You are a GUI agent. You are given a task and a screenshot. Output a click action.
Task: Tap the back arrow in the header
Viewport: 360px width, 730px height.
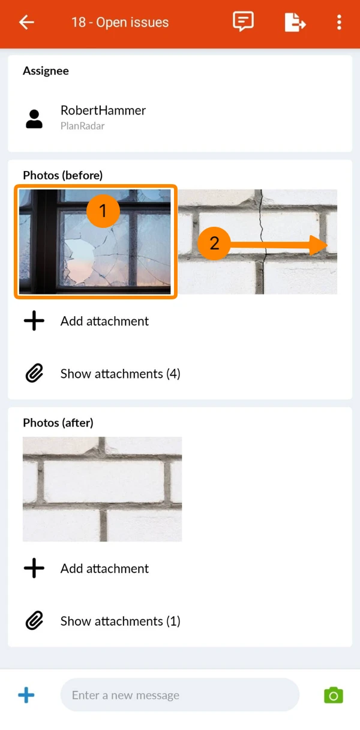click(26, 22)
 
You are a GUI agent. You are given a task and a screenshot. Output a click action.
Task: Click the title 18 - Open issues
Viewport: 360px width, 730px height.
click(120, 22)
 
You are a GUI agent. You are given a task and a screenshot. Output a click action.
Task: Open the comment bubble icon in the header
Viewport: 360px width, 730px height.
click(243, 22)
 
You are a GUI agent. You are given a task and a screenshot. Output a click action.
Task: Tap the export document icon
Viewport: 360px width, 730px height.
click(295, 22)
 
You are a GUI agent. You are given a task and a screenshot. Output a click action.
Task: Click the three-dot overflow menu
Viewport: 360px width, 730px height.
click(339, 22)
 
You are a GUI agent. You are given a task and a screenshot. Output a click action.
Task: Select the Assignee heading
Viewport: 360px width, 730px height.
click(46, 71)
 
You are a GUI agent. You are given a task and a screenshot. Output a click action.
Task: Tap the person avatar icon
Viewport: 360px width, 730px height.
click(34, 119)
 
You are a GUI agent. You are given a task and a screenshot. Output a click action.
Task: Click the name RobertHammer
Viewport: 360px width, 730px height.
click(103, 110)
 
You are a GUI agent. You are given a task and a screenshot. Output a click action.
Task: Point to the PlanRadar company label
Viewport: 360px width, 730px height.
click(83, 126)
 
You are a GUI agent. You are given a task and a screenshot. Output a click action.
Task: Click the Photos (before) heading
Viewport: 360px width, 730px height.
click(62, 175)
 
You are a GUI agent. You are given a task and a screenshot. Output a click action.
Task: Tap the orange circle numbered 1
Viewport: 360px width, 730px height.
click(103, 211)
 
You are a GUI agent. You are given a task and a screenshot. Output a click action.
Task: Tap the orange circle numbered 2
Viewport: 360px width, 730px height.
click(214, 244)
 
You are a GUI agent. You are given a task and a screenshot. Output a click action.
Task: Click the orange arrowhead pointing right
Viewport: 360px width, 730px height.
click(318, 245)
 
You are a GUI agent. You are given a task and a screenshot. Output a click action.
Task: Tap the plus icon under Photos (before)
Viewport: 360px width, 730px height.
click(34, 321)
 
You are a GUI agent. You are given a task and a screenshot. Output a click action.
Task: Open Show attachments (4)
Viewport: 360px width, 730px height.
click(121, 374)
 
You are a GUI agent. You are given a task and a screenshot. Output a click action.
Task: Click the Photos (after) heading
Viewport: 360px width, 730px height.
click(58, 423)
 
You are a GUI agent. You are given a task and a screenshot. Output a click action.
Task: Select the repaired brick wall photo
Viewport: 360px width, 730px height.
click(103, 489)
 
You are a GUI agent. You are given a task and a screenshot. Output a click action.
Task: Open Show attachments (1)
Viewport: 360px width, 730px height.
click(121, 621)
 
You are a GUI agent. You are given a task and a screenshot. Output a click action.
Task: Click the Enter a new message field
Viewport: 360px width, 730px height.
click(179, 695)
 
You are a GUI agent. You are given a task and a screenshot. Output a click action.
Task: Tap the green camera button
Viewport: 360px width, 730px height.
click(333, 695)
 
